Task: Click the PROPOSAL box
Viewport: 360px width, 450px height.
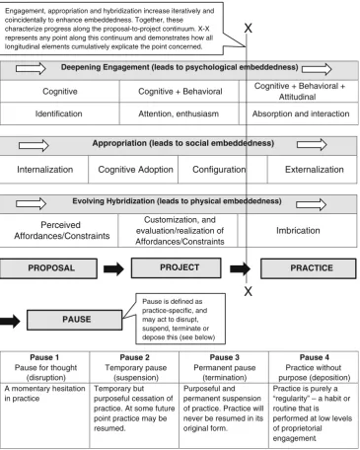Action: pos(48,268)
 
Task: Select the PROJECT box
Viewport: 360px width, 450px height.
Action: pos(177,267)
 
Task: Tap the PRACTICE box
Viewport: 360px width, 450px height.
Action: pos(309,268)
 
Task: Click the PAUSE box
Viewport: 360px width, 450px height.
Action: pos(74,320)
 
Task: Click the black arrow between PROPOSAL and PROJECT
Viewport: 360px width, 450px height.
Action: pos(113,268)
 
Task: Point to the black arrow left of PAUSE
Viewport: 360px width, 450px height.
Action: pos(10,321)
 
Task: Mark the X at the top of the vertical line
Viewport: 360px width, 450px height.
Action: pos(249,29)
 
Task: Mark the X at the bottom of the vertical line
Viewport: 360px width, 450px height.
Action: pos(249,291)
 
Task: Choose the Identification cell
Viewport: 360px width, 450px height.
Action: pos(59,113)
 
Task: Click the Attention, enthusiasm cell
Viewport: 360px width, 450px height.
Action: pos(179,113)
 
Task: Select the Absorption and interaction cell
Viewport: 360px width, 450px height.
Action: pos(299,113)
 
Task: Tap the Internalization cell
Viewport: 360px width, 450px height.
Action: pos(44,170)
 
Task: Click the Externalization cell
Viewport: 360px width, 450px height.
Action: pos(313,170)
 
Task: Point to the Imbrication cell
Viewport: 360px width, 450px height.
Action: pos(297,231)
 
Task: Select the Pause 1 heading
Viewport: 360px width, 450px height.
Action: pos(44,357)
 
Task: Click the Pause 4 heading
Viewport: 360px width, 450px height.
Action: pos(314,357)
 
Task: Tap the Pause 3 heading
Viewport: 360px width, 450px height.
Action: pos(224,357)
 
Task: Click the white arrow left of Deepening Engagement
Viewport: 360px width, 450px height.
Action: pos(31,68)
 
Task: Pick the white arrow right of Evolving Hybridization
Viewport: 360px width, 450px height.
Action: pos(311,204)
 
